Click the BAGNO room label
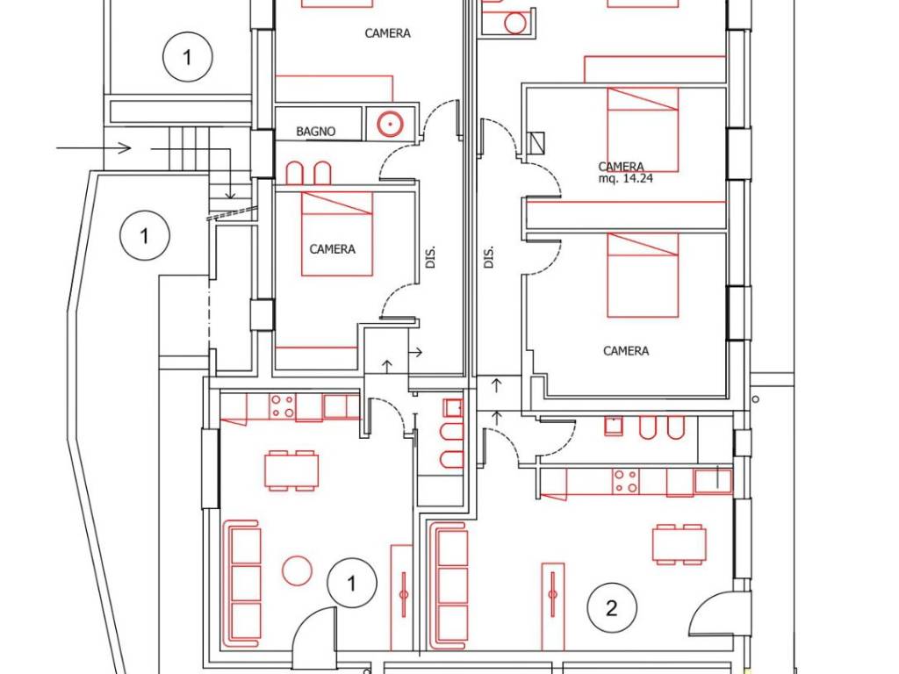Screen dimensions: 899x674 [315, 132]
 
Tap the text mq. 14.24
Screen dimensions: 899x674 [625, 178]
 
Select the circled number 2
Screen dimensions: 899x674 [612, 607]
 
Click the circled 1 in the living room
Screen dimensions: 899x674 [352, 584]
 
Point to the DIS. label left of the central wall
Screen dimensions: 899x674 [430, 257]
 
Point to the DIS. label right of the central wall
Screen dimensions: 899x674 [488, 257]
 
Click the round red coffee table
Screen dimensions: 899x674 [297, 570]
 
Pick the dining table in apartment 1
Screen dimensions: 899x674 [291, 470]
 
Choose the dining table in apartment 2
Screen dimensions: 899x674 [680, 544]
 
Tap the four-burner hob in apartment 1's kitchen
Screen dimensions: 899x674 [282, 405]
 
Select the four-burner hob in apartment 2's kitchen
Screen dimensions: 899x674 [625, 482]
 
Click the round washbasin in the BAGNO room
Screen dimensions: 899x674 [391, 124]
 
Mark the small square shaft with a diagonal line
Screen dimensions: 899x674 [536, 144]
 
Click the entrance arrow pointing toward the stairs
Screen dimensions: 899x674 [94, 148]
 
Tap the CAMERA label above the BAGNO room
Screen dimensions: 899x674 [387, 34]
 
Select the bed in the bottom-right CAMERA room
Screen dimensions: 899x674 [643, 275]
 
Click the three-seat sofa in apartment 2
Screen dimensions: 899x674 [449, 584]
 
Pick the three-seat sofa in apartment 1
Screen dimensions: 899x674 [241, 584]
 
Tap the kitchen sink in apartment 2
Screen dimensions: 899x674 [713, 481]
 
